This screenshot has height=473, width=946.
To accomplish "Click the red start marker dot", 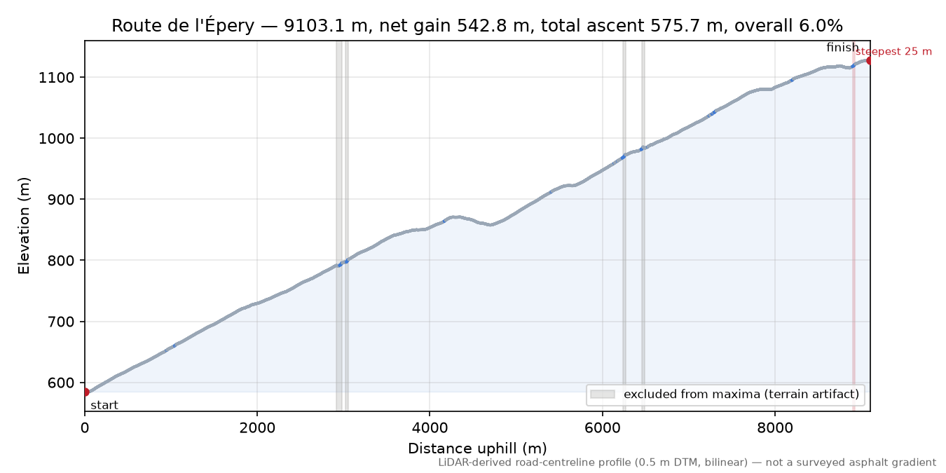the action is (85, 392).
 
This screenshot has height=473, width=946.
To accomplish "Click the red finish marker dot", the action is (869, 61).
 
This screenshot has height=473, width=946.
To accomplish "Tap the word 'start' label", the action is (104, 406).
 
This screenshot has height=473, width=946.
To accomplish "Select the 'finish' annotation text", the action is (842, 48).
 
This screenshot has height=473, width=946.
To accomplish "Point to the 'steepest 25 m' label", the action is (893, 52).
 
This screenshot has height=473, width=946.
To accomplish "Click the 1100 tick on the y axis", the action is (56, 78).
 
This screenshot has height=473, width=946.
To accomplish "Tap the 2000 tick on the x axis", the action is (257, 428).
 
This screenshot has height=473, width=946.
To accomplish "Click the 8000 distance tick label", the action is (775, 428).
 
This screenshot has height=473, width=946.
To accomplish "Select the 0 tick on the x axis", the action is (85, 428).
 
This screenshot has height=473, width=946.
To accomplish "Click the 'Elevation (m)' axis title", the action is (24, 226).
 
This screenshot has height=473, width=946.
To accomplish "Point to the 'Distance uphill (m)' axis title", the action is (477, 448).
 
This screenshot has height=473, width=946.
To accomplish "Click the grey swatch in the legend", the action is (602, 395).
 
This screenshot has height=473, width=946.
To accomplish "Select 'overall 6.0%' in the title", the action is (788, 26).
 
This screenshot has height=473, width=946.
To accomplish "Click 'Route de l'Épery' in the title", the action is (183, 26).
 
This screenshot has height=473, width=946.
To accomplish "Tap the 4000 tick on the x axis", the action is (430, 428).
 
